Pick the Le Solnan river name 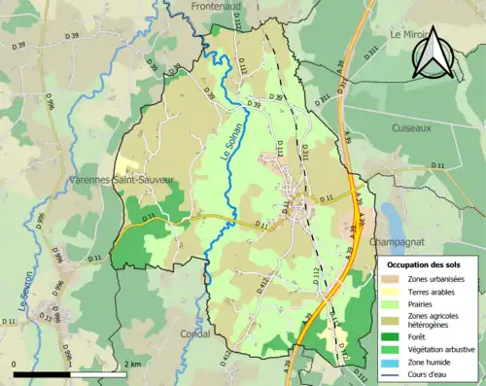(226, 155)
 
